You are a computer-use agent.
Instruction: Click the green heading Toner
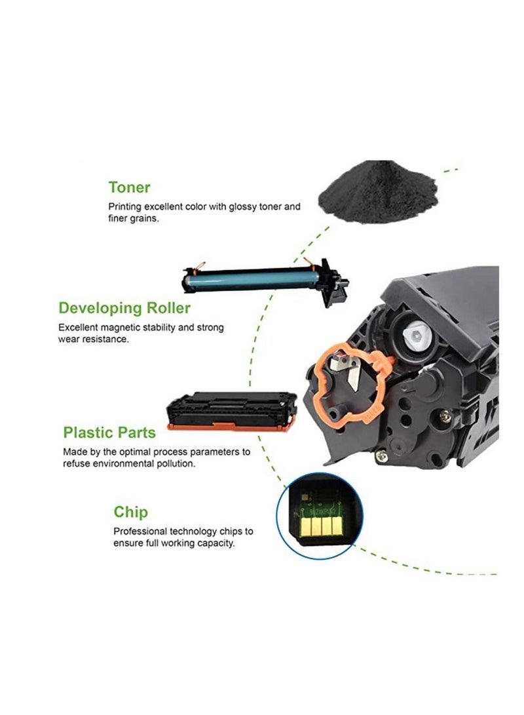click(129, 187)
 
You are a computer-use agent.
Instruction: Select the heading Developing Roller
click(124, 307)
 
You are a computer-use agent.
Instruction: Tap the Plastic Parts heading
click(109, 433)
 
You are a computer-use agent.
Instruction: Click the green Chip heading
click(131, 512)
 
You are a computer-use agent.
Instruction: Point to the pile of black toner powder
click(368, 189)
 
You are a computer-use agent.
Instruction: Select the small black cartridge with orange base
click(233, 410)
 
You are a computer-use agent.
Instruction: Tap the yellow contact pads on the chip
click(319, 526)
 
